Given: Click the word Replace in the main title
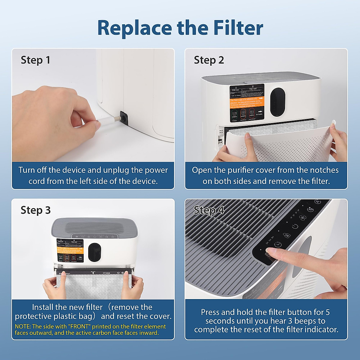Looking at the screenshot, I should (x=135, y=28).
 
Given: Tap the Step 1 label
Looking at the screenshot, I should (x=35, y=60).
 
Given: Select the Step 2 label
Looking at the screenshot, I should (x=209, y=60).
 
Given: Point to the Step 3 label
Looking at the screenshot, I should (x=35, y=210).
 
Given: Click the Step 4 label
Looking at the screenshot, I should (x=209, y=210).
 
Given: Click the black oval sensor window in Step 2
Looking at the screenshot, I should (x=277, y=102).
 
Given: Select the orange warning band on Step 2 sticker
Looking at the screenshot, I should (x=247, y=102).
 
